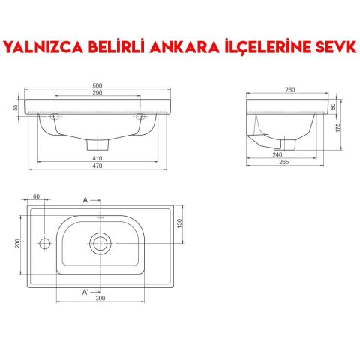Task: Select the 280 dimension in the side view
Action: [290, 91]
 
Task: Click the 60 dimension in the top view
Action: [35, 196]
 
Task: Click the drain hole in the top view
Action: [100, 242]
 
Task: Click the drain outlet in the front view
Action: [94, 142]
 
